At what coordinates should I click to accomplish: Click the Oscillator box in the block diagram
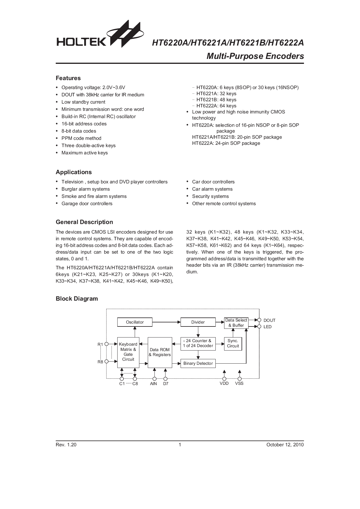[x=135, y=322]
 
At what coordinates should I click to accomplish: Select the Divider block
[x=198, y=322]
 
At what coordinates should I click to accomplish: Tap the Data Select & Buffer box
[x=236, y=323]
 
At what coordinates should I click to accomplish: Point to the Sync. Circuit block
[x=233, y=343]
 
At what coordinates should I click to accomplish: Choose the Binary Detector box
[x=198, y=363]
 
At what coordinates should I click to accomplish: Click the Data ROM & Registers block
[x=160, y=352]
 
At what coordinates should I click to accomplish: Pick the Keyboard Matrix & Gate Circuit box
[x=128, y=352]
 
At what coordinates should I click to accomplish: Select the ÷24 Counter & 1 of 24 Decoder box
[x=198, y=343]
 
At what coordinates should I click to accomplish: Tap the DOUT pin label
[x=269, y=320]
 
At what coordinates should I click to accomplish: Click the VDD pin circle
[x=224, y=379]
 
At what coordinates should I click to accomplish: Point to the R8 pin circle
[x=107, y=362]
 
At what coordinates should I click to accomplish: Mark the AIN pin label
[x=154, y=384]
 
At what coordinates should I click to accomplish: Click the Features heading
[x=68, y=78]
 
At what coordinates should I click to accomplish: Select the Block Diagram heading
[x=77, y=299]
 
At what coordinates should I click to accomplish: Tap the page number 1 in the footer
[x=180, y=445]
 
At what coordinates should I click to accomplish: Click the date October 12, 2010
[x=285, y=445]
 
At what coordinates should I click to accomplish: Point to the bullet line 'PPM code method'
[x=81, y=138]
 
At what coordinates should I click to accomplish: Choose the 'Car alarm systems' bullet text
[x=212, y=189]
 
